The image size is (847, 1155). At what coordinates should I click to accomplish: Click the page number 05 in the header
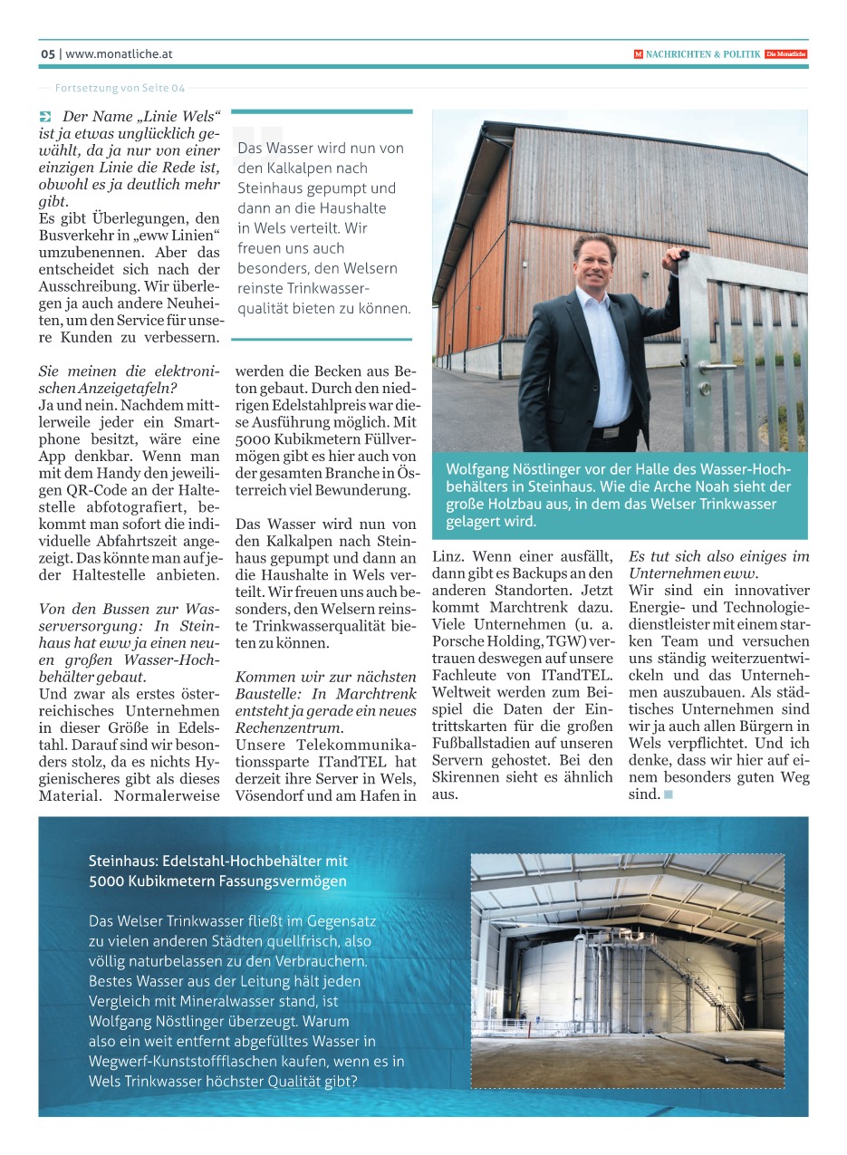click(x=48, y=54)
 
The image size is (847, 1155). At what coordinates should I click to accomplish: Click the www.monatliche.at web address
click(x=119, y=54)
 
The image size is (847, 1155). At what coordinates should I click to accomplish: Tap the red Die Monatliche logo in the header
click(x=785, y=54)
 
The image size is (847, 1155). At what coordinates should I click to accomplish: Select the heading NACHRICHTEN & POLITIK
click(x=703, y=54)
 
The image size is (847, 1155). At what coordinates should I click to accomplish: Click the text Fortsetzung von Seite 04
click(x=120, y=88)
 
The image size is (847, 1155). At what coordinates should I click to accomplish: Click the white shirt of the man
click(x=604, y=362)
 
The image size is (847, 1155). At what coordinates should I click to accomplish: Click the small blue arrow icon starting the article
click(x=46, y=117)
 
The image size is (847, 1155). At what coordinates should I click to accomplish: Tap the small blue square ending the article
click(x=669, y=795)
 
